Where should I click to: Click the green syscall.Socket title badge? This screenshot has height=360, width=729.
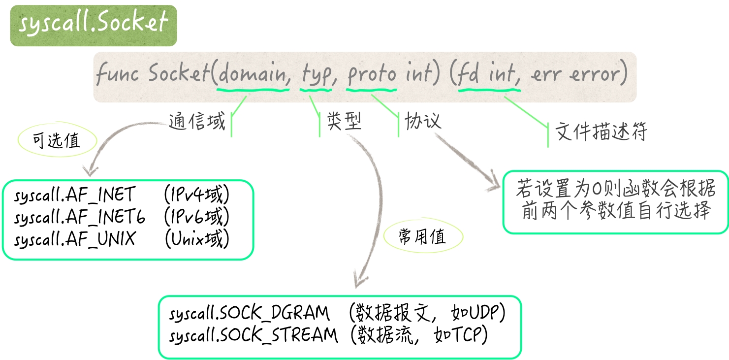click(94, 25)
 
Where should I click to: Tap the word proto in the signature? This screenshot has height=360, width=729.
click(372, 75)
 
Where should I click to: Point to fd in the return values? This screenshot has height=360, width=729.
click(468, 75)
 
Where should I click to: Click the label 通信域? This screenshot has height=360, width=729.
click(196, 121)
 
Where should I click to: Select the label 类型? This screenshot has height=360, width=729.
click(344, 121)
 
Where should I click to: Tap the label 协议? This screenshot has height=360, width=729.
click(423, 121)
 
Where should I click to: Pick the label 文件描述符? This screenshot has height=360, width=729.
click(601, 132)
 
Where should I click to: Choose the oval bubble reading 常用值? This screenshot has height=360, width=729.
click(422, 237)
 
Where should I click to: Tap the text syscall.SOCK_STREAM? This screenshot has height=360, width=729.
click(254, 335)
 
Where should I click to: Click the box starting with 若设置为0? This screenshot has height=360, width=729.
click(615, 202)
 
